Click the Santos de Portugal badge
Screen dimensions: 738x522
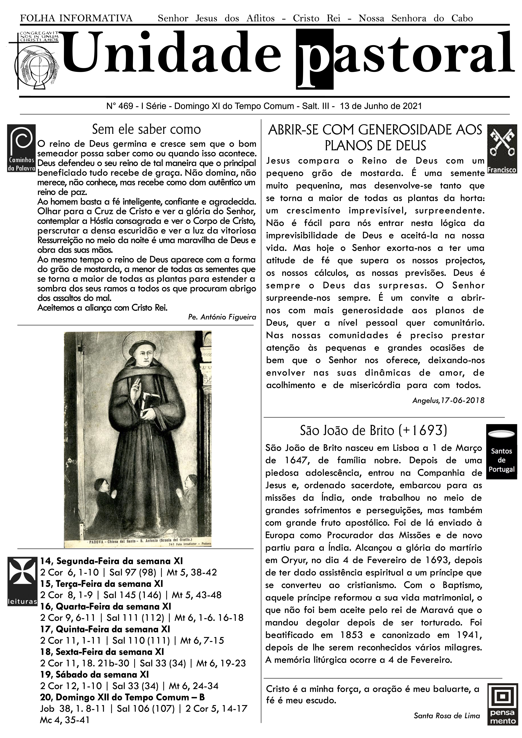tap(501, 451)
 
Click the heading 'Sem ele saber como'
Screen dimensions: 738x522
tap(146, 129)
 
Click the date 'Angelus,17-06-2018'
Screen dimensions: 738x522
tap(448, 400)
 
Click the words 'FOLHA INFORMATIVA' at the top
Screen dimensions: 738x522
tap(76, 18)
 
